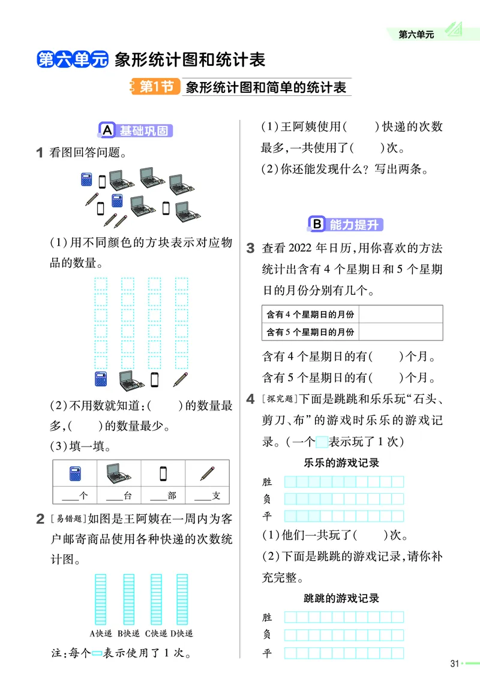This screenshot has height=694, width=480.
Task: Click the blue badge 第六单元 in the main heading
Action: (73, 60)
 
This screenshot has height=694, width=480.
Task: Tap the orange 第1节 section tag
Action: (155, 87)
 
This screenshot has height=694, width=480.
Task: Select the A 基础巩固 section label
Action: (134, 131)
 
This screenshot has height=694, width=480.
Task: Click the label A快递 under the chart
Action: (101, 633)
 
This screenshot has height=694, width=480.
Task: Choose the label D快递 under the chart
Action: (182, 633)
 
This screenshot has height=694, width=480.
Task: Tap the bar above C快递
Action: (155, 599)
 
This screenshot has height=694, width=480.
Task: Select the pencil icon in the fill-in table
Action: (208, 474)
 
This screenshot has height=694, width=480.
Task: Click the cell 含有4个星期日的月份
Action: (310, 315)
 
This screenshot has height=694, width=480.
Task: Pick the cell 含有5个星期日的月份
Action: (310, 331)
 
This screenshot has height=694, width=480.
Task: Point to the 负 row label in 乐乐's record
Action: (267, 499)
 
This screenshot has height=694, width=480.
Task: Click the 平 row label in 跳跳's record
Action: (267, 654)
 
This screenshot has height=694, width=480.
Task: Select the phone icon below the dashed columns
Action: (155, 379)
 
